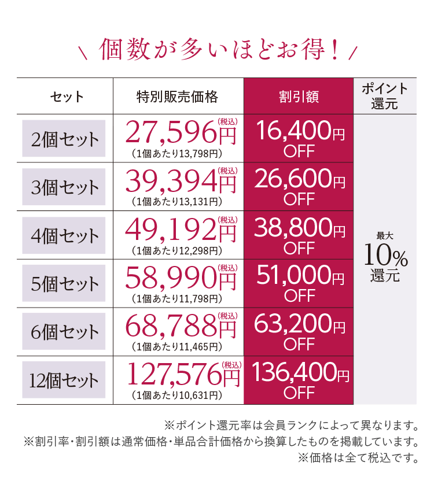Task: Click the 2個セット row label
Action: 64,139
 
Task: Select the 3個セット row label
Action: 64,187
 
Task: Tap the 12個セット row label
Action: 64,380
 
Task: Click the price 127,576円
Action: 183,376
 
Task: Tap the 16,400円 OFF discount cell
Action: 299,139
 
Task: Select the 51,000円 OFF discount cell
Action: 299,284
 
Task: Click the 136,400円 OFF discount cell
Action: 299,380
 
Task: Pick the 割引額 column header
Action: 299,96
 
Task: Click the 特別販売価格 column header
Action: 178,96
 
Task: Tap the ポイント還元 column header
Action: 385,96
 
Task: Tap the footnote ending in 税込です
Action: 358,458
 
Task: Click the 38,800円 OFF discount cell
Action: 299,235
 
